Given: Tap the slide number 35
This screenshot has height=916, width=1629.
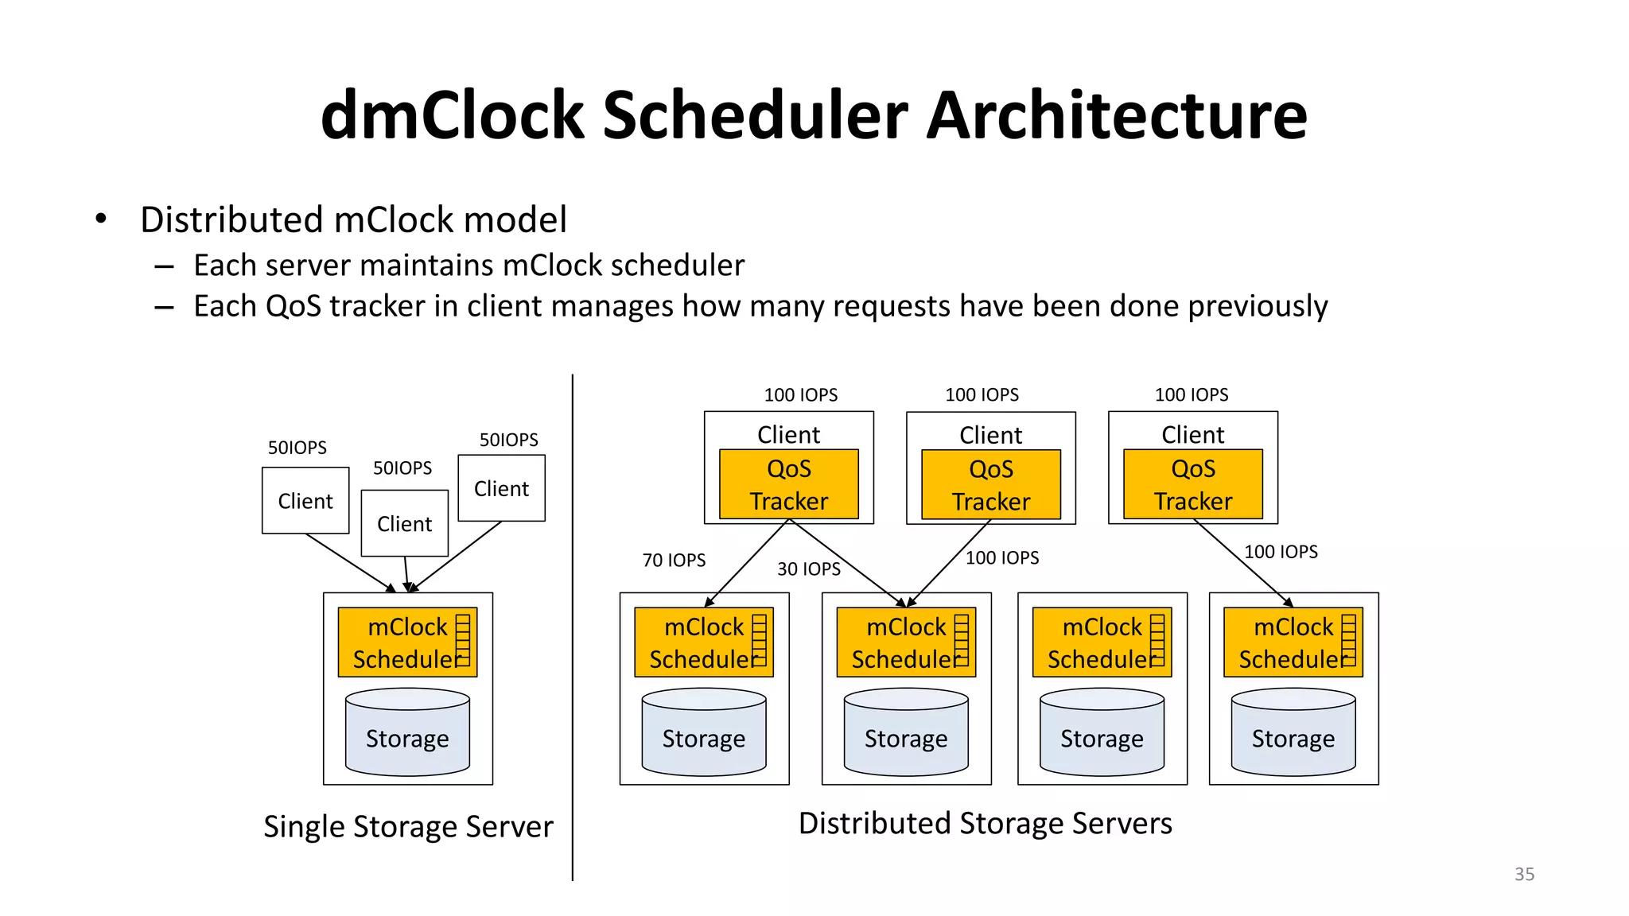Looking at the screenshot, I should coord(1524,874).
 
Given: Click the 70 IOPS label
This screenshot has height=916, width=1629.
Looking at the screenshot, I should coord(674,560).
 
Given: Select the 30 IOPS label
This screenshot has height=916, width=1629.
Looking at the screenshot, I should coord(808,569).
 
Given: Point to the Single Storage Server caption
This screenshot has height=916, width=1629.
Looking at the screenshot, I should coord(408,827).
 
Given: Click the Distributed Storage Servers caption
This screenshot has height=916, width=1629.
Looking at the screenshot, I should coord(985,823).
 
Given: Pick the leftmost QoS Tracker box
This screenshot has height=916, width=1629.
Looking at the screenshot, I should coord(788,484).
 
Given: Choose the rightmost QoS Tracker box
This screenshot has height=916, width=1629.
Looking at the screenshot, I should coord(1192,484).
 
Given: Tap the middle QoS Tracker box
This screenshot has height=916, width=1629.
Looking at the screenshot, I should coord(990,485).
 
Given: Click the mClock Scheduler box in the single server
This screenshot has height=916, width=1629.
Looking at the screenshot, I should coord(406,642).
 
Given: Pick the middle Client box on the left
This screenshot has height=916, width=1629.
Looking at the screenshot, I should coord(404,523).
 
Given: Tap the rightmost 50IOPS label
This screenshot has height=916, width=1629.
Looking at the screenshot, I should coord(508,440).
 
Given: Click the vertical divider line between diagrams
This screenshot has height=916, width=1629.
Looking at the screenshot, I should coord(572,628).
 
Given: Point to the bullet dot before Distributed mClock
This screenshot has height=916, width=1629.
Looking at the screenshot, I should coord(100,219).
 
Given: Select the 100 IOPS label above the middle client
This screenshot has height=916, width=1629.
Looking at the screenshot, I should coord(982,394).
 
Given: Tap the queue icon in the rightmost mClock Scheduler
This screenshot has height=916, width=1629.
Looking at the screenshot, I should coord(1348,640).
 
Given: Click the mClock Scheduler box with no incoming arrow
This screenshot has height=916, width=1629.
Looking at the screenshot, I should coord(1101,642).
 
